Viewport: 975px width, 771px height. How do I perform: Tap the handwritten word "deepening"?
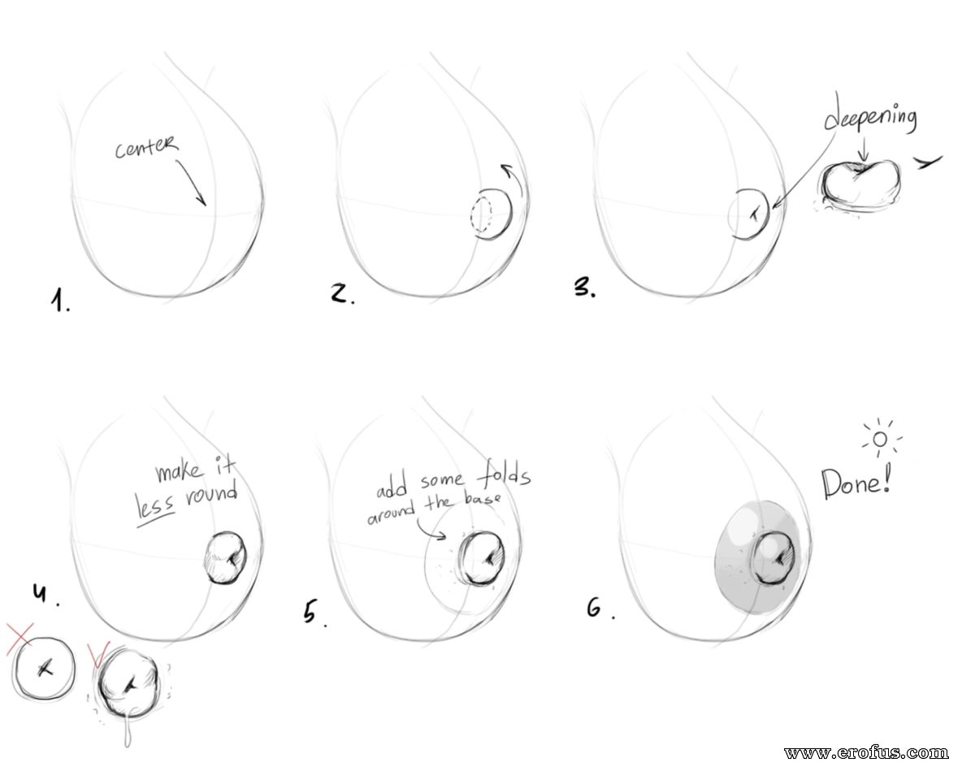point(870,116)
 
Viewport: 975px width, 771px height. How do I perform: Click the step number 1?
point(60,301)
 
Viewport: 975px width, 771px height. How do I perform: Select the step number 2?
point(341,293)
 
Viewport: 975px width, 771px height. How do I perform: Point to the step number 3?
point(584,288)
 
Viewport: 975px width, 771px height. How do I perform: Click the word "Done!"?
point(856,483)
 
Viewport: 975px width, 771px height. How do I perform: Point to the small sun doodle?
point(881,439)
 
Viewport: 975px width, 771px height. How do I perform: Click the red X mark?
point(20,639)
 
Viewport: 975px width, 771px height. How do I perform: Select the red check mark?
point(98,653)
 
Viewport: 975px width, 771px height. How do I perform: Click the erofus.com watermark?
point(866,752)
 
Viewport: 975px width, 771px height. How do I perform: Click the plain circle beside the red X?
point(44,669)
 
